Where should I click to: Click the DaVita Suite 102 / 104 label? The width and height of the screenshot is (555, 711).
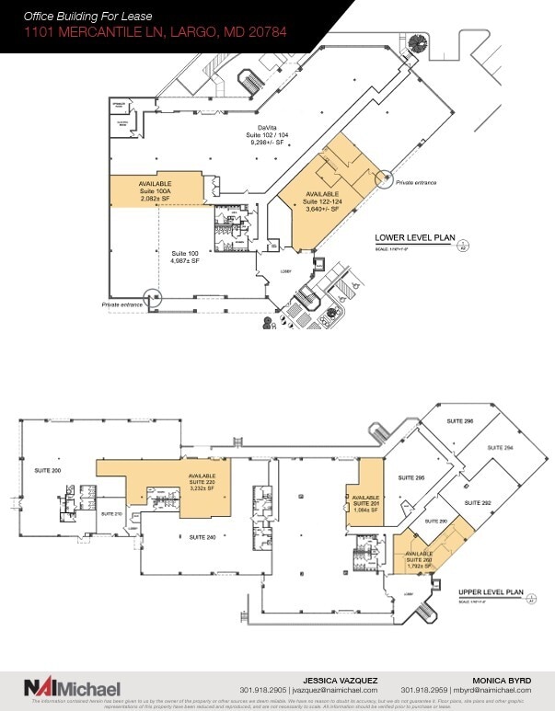click(x=268, y=136)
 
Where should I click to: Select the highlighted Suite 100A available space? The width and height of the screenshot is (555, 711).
click(x=155, y=188)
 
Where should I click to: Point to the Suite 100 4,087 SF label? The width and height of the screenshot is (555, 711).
click(x=185, y=256)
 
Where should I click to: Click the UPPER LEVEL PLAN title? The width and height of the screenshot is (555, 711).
click(x=490, y=592)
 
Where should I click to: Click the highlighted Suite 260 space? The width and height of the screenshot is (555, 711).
click(x=423, y=556)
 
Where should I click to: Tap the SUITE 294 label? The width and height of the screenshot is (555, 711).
click(x=502, y=446)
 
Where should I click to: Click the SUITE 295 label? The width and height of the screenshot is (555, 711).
click(x=410, y=478)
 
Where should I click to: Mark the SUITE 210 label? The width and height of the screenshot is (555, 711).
click(x=112, y=513)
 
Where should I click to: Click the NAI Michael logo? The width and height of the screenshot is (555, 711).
click(x=73, y=688)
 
